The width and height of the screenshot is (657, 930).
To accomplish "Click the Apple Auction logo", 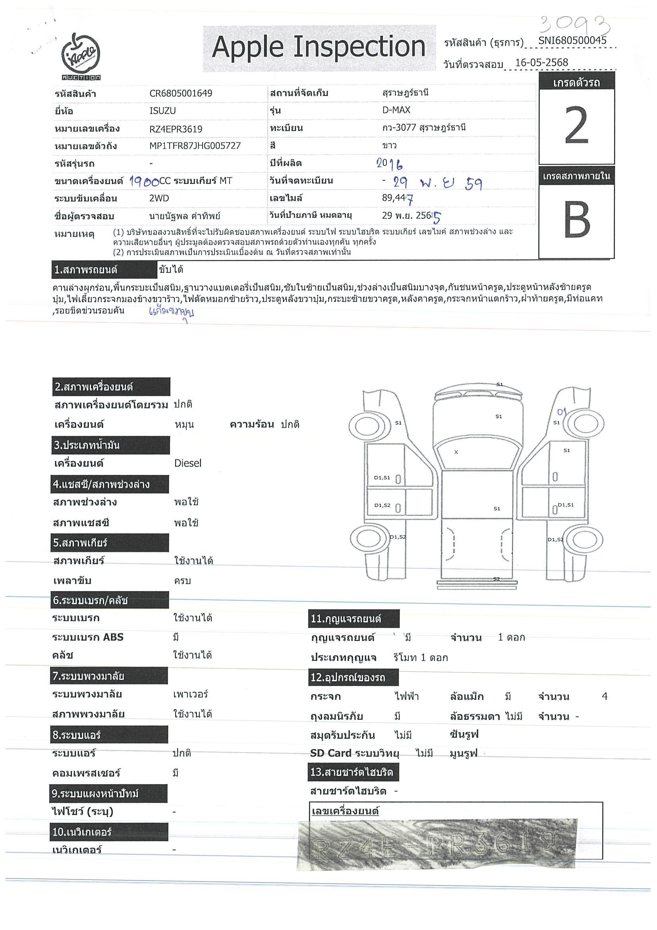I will click(81, 56).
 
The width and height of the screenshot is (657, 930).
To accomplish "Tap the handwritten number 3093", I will click(575, 25).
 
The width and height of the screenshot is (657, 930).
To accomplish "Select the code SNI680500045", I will click(572, 41).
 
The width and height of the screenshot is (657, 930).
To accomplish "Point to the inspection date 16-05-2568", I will click(542, 62).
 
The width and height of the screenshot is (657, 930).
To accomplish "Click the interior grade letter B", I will click(576, 220).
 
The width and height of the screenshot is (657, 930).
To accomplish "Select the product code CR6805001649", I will click(181, 93).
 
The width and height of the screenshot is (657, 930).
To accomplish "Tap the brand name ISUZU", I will click(163, 111).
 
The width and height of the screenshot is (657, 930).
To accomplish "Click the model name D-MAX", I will click(396, 110).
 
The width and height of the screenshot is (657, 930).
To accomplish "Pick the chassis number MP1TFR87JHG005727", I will click(195, 146).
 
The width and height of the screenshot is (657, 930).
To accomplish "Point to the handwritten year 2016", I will click(389, 164).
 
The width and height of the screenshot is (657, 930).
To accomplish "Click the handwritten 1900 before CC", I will click(144, 182).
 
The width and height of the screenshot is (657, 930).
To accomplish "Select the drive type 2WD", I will click(159, 198).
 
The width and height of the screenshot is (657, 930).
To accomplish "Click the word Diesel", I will click(187, 463).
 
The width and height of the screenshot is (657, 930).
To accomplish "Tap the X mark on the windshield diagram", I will click(456, 452).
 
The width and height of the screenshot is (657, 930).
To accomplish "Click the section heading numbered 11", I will click(354, 618).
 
